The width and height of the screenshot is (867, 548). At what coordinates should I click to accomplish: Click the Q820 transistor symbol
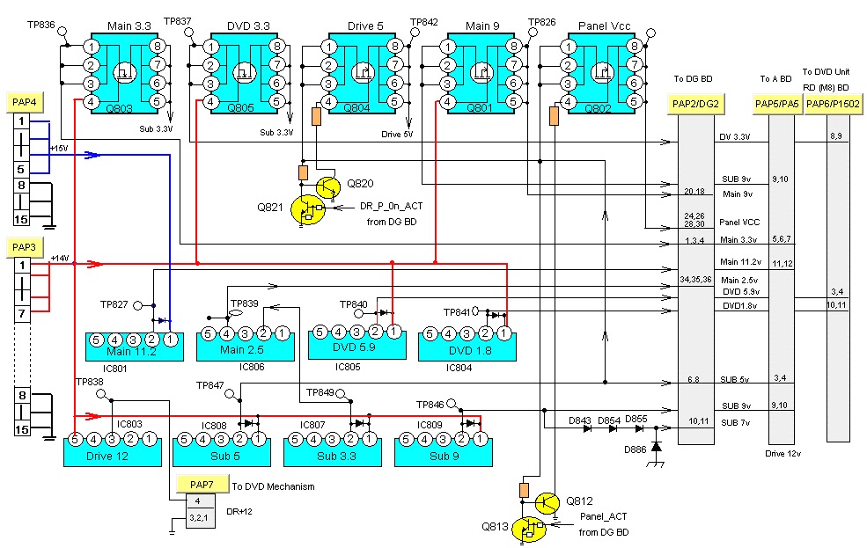(x=327, y=186)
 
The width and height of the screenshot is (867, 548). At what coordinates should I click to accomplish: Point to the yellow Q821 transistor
(x=307, y=210)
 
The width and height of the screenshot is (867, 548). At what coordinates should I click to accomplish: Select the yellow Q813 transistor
(x=531, y=528)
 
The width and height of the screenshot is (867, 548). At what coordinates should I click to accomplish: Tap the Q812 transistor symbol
(x=546, y=502)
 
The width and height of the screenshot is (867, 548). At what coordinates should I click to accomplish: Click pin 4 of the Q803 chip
(x=92, y=102)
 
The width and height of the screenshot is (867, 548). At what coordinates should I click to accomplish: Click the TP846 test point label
(x=430, y=405)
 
